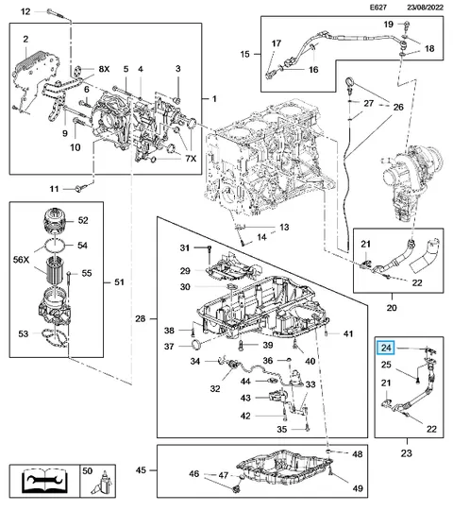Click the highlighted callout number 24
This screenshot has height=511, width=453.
(x=386, y=348)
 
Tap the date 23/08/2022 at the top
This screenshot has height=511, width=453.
(x=425, y=8)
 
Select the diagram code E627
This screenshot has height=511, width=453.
(x=378, y=8)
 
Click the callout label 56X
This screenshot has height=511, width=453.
(x=21, y=260)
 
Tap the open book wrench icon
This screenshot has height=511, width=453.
(x=44, y=481)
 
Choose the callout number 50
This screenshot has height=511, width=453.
(x=87, y=470)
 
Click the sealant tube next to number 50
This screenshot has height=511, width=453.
(x=102, y=484)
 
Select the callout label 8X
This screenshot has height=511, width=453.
(x=104, y=69)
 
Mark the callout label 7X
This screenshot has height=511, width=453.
(x=192, y=159)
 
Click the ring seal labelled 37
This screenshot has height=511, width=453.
(x=195, y=344)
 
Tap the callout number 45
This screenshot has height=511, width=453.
(x=141, y=470)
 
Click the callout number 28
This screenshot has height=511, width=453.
(x=140, y=318)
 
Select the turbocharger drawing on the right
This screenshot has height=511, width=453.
(x=411, y=181)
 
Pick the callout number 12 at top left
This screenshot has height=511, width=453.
(x=25, y=11)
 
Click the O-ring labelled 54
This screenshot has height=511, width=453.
(x=55, y=245)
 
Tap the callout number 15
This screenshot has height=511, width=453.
(x=244, y=54)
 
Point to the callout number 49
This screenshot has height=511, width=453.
(x=358, y=488)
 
